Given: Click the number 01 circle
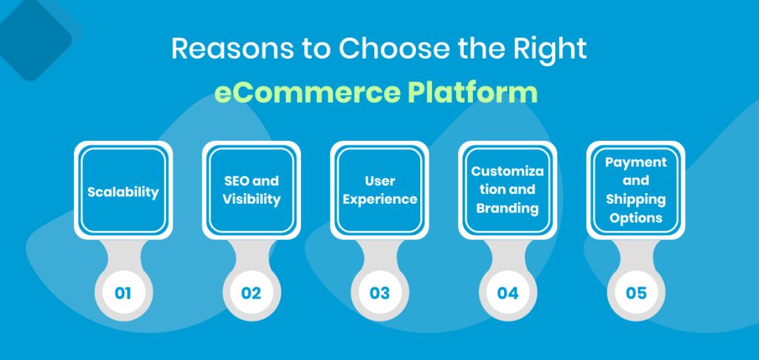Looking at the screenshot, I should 123,293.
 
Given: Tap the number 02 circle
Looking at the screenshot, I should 251,293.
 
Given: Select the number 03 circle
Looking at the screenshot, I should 379,293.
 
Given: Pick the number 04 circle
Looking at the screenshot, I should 508,293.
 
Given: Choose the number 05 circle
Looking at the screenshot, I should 636,293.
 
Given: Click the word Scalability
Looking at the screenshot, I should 123,192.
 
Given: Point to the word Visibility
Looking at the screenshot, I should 251,199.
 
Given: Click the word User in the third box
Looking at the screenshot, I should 379,180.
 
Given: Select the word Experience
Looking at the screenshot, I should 379,199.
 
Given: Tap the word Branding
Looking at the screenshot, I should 508,208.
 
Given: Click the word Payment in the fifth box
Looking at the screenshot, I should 636,162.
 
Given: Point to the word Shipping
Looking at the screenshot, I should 636,199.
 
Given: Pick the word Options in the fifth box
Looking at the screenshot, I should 636,218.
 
